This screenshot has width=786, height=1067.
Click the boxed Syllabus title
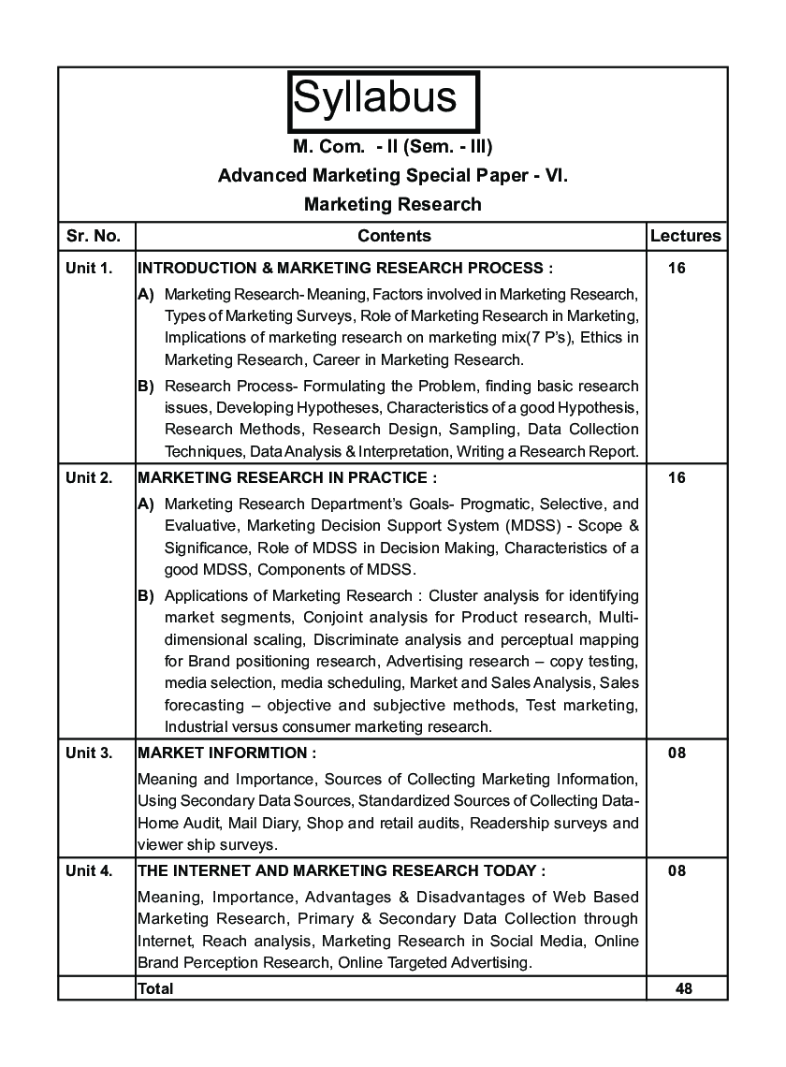click(383, 98)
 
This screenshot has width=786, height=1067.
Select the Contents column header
click(394, 236)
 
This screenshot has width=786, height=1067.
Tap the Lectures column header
click(685, 236)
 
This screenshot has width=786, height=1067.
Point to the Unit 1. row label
click(89, 269)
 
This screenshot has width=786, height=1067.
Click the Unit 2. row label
click(89, 478)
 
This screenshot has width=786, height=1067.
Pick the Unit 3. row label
click(89, 753)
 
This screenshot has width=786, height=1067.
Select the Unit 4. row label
click(89, 870)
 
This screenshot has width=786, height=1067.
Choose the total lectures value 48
click(683, 987)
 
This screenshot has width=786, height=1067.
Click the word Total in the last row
click(155, 987)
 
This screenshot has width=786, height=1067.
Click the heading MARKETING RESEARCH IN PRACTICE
click(286, 478)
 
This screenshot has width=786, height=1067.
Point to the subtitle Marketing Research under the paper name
click(393, 204)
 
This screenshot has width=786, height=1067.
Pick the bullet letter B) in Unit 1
click(146, 386)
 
